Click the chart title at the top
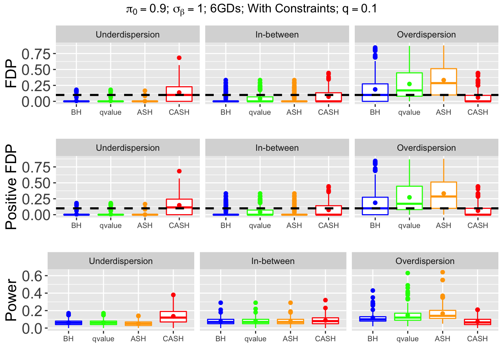pyautogui.click(x=252, y=9)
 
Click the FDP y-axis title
pyautogui.click(x=12, y=73)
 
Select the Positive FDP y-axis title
pyautogui.click(x=12, y=187)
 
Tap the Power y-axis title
pyautogui.click(x=12, y=300)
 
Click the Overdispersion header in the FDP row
pyautogui.click(x=426, y=35)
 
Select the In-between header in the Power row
pyautogui.click(x=273, y=261)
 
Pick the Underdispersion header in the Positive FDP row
pyautogui.click(x=127, y=148)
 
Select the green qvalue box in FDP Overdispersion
pyautogui.click(x=409, y=81)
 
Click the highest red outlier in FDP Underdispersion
pyautogui.click(x=179, y=58)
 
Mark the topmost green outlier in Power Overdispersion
pyautogui.click(x=408, y=273)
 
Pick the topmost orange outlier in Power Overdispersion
pyautogui.click(x=442, y=272)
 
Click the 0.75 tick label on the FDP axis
pyautogui.click(x=36, y=54)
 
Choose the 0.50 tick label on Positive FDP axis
pyautogui.click(x=36, y=183)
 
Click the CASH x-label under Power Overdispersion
pyautogui.click(x=477, y=339)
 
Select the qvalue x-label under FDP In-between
pyautogui.click(x=260, y=112)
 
